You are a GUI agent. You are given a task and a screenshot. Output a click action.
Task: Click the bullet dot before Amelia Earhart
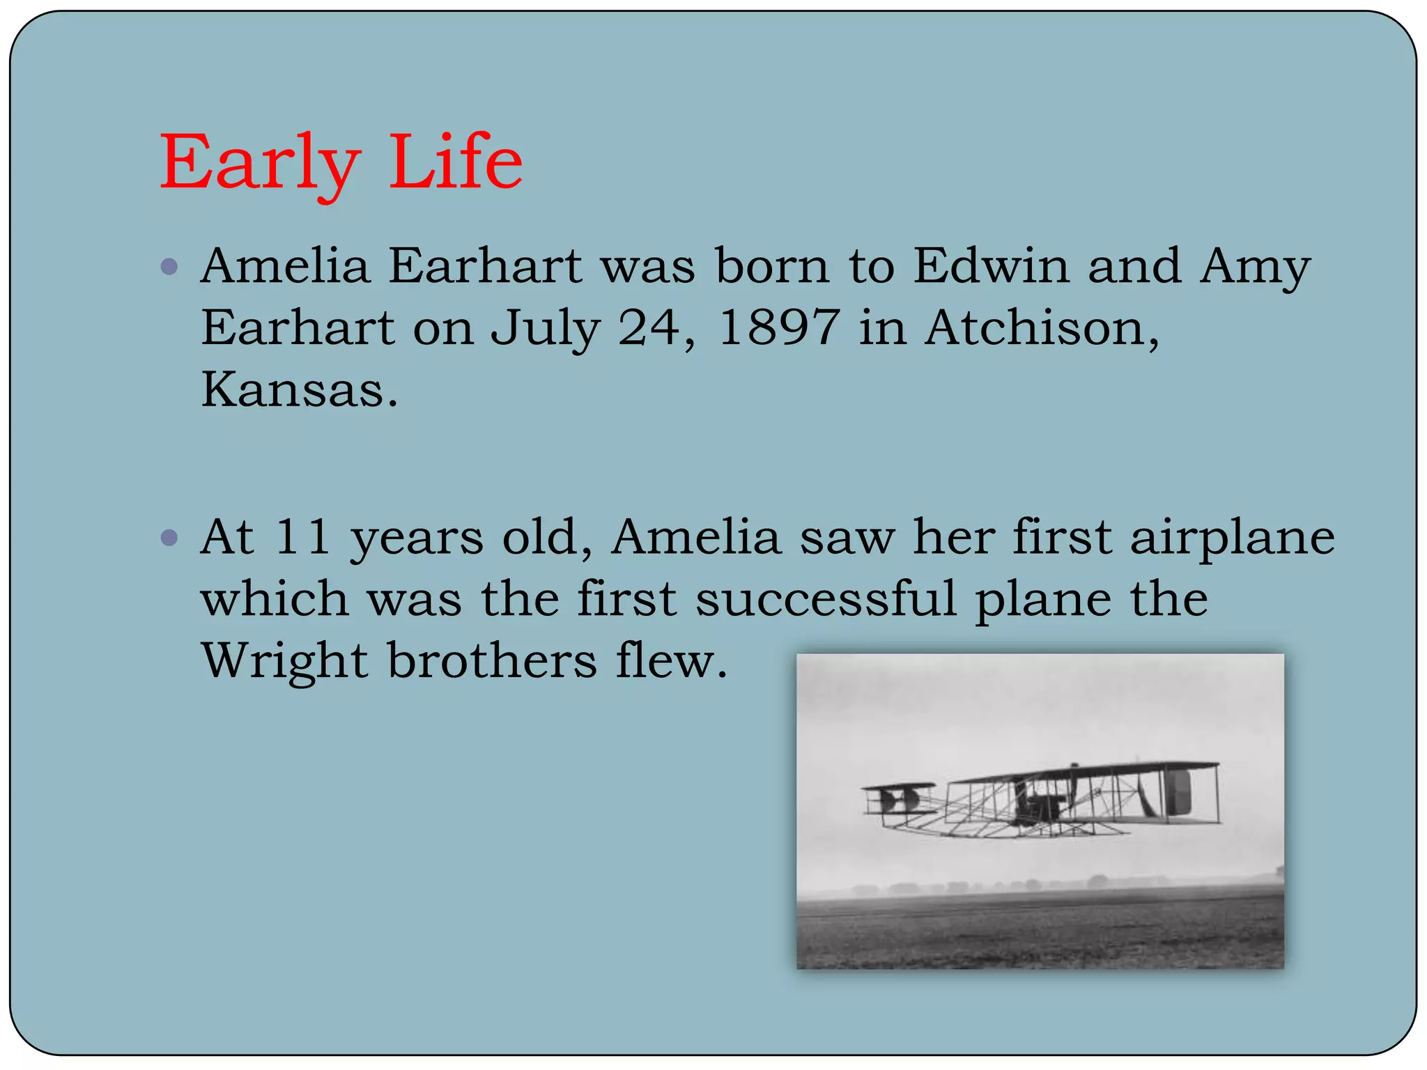tap(169, 266)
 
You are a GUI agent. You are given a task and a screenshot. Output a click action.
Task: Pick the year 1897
tap(778, 327)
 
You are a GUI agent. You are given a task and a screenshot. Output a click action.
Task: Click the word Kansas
tap(298, 389)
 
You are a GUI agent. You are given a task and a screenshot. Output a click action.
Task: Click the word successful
tap(826, 598)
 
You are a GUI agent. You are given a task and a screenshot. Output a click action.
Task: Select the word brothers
tap(492, 660)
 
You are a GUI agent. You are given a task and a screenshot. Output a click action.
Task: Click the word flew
tap(670, 660)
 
